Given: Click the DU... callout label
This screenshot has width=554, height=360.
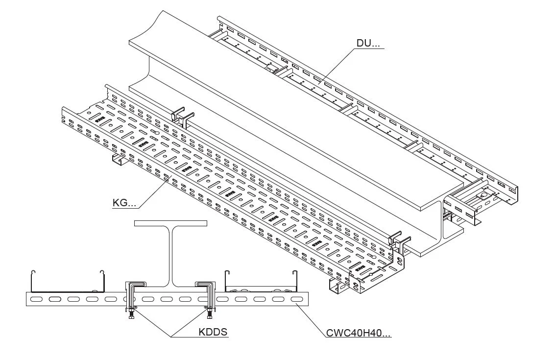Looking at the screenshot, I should (368, 43).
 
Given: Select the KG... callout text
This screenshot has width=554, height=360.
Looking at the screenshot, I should (124, 202).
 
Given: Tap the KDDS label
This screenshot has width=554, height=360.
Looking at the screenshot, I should (213, 332).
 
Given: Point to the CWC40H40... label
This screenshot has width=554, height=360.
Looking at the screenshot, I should (359, 334).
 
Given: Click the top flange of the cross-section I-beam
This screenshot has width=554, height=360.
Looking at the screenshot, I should (170, 223).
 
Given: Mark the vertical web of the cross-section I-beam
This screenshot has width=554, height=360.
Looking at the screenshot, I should (170, 255).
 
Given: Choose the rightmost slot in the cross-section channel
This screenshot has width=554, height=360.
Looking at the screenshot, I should (296, 299).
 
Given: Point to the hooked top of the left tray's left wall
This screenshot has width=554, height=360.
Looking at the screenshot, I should (32, 272).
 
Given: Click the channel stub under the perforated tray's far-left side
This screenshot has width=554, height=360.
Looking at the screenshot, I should (118, 160).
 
